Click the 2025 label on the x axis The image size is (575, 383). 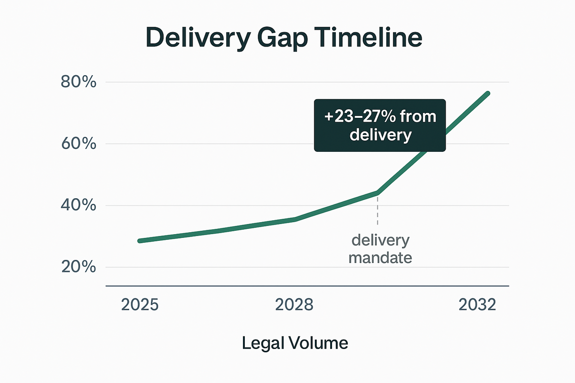click(x=140, y=305)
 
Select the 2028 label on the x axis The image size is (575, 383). click(x=294, y=305)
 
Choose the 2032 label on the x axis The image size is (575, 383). click(x=477, y=305)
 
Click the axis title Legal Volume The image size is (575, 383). click(x=295, y=343)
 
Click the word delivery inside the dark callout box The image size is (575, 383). click(x=380, y=135)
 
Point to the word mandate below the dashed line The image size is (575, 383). click(x=380, y=258)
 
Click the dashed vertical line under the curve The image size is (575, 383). click(x=378, y=211)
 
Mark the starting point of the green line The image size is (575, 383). click(x=139, y=241)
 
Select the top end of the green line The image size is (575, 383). click(x=488, y=93)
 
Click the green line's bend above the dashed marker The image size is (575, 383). click(x=378, y=193)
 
